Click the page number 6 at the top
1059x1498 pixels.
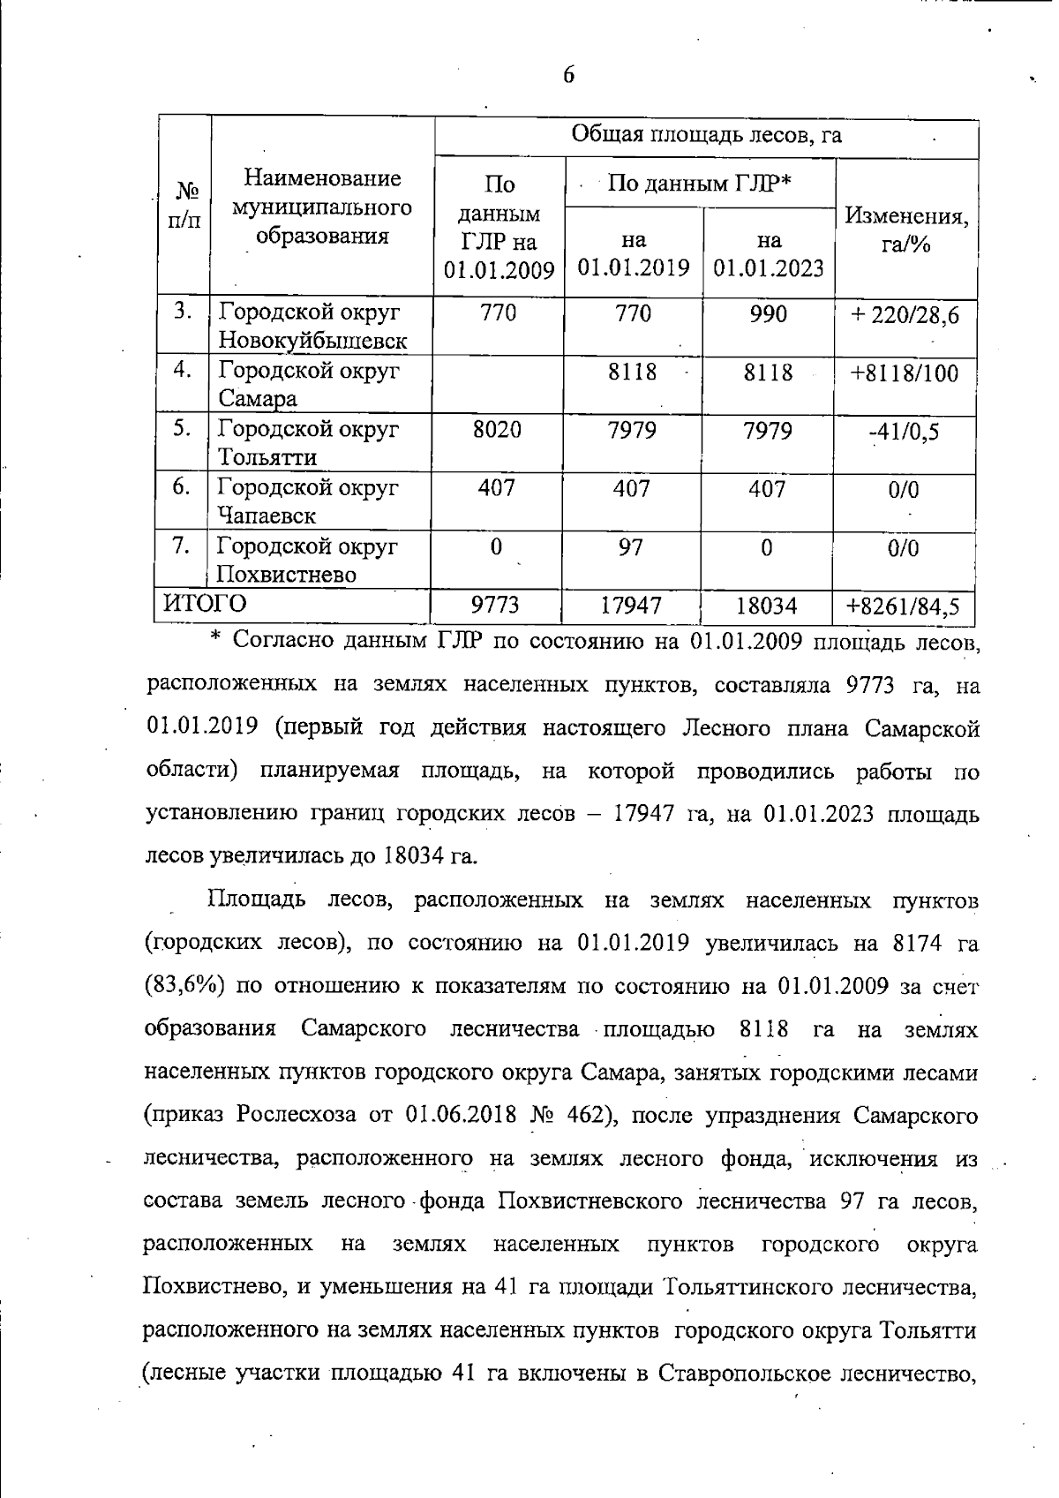568,75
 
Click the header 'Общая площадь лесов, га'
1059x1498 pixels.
706,134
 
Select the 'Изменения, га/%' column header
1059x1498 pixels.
906,230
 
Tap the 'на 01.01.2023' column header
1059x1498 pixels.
769,253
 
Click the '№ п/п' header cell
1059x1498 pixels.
184,206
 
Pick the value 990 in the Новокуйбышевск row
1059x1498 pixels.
768,314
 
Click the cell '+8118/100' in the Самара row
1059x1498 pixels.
904,373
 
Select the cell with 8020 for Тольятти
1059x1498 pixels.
497,430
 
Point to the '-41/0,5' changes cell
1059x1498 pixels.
904,432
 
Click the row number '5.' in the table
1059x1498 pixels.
183,428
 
